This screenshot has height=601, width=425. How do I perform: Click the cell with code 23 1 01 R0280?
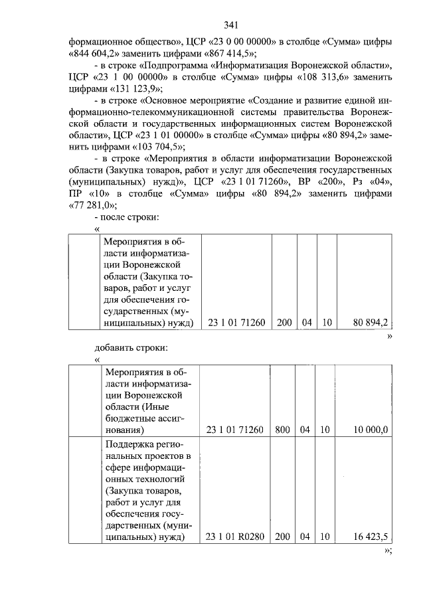coord(236,537)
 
